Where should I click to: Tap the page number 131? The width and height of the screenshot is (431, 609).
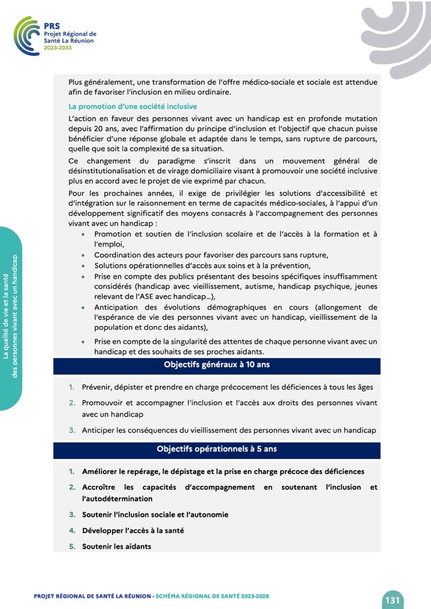(392, 600)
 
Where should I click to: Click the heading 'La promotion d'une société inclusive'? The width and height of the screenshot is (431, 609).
(133, 106)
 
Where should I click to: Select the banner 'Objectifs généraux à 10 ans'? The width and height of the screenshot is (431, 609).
(217, 365)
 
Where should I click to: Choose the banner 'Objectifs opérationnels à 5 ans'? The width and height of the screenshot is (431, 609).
(217, 449)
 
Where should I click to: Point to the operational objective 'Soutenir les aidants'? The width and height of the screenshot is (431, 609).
(117, 546)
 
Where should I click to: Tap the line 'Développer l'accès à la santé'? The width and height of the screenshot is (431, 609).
(133, 530)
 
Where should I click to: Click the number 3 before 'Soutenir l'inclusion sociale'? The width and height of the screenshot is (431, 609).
(72, 514)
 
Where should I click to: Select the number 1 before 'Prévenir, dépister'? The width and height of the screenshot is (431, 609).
(72, 387)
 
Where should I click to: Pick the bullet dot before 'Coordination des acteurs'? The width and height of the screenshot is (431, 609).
(83, 255)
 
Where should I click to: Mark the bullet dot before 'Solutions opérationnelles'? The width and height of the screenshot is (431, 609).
(83, 266)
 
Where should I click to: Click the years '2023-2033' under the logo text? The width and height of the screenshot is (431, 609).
(58, 47)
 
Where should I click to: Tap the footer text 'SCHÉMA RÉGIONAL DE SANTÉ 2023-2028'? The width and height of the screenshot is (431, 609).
(212, 596)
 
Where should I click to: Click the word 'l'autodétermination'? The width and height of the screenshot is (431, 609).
(117, 498)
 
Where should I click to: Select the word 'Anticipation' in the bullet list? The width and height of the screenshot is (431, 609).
(116, 307)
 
